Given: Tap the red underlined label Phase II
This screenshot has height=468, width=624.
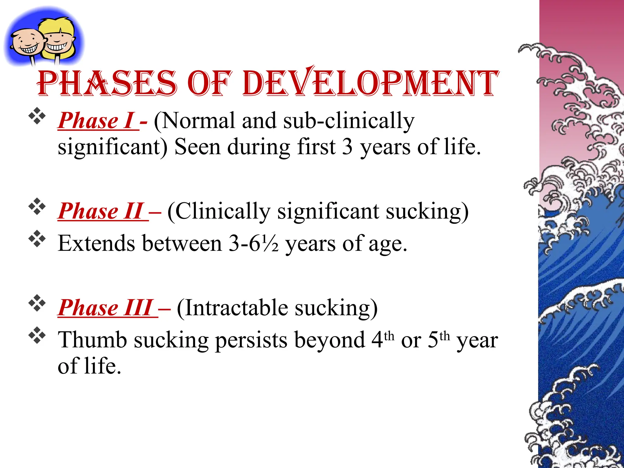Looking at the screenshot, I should click(x=102, y=211).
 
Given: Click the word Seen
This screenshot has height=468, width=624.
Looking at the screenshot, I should click(x=197, y=147).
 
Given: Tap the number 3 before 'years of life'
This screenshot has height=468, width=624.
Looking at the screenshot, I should click(x=347, y=147).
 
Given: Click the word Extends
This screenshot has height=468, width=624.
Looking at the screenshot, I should click(x=97, y=243).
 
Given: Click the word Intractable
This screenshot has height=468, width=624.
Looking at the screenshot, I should click(x=236, y=308).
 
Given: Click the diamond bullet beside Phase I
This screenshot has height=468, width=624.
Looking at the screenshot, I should click(x=37, y=116).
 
